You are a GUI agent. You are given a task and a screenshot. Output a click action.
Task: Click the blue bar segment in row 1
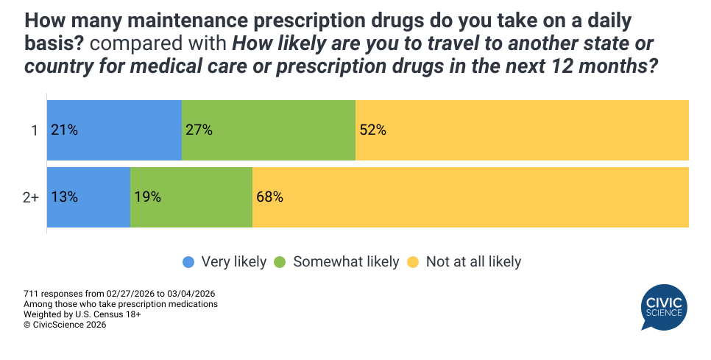pos(114,130)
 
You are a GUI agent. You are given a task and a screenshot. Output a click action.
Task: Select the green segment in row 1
pos(269,130)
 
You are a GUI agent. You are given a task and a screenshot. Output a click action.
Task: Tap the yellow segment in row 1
pos(522,130)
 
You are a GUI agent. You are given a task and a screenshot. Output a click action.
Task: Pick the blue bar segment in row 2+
pos(88,197)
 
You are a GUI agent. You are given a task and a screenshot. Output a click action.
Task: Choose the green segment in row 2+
pos(191,197)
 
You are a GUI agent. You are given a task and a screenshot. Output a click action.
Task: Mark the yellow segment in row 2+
pos(470,197)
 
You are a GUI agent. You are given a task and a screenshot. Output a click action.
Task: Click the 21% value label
pos(64,130)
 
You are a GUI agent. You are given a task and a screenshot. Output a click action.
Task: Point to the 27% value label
pos(199,130)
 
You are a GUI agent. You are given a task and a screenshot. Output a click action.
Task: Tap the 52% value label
pos(372,130)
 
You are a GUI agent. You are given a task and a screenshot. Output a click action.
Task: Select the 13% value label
pos(64,197)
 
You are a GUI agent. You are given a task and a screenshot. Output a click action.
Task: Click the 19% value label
pos(147,197)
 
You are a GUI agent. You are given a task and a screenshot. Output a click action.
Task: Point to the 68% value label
pos(269,197)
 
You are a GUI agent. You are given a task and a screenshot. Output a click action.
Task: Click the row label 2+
pos(30,197)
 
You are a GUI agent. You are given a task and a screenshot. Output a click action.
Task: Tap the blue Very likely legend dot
pos(189,261)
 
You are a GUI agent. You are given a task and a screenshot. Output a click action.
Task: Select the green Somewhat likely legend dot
pos(280,261)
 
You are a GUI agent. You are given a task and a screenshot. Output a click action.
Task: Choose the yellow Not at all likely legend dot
pos(414,261)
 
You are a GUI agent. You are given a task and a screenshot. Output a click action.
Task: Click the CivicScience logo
pos(664,308)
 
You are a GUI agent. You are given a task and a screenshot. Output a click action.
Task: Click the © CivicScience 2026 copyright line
pos(65,324)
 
